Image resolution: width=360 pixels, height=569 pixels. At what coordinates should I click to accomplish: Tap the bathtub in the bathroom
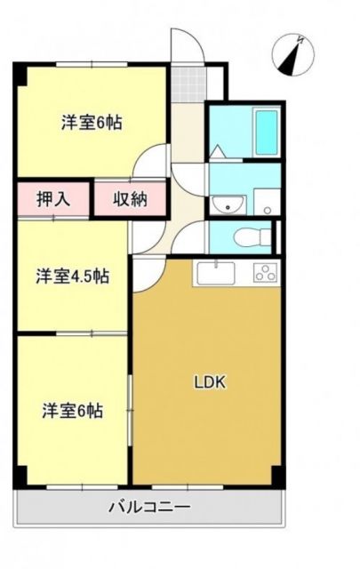267,132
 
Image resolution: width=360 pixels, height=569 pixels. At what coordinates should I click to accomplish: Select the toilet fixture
255,236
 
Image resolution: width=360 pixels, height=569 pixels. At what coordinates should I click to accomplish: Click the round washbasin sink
229,207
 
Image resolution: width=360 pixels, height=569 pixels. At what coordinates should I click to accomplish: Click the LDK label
212,383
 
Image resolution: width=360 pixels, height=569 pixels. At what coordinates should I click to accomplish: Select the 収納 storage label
129,199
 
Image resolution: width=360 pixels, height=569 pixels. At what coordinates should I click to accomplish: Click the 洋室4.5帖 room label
73,276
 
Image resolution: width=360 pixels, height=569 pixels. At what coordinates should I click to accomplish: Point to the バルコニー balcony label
148,509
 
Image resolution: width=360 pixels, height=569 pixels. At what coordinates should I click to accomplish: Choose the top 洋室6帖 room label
92,124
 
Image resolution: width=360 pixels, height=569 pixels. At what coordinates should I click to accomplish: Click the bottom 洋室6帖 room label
73,411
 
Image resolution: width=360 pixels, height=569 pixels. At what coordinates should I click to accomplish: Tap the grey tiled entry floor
188,84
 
